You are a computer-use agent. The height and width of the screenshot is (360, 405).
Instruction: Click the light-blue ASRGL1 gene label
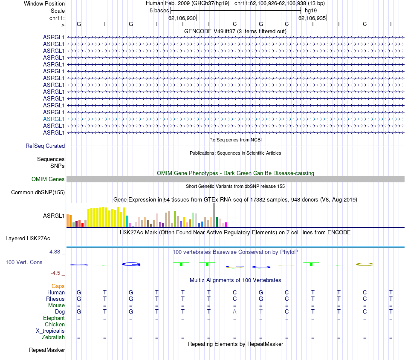pos(54,119)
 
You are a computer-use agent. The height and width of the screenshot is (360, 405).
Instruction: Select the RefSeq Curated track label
pos(45,146)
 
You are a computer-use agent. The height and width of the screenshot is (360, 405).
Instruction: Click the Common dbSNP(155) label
pos(38,193)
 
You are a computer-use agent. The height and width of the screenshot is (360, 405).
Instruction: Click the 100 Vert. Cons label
pos(24,262)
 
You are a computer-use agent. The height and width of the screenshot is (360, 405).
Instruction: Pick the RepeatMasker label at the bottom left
pos(47,350)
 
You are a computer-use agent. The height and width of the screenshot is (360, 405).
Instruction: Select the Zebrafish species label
pos(53,337)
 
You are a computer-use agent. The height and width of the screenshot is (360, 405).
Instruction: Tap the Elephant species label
pos(54,318)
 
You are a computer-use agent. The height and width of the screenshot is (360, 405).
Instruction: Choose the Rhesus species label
pos(55,299)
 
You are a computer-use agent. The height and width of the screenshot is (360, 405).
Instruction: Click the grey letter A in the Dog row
pos(234,312)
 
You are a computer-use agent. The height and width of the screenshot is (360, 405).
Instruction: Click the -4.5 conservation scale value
pos(57,273)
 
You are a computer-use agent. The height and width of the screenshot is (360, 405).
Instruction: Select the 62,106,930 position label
pos(182,18)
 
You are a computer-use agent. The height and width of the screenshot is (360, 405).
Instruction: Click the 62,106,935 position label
pos(312,18)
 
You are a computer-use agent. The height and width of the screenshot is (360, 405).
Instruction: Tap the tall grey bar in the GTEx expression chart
pos(214,215)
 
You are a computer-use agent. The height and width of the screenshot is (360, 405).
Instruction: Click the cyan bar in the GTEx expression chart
pos(127,221)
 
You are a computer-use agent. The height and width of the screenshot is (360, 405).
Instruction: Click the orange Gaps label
pos(58,286)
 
